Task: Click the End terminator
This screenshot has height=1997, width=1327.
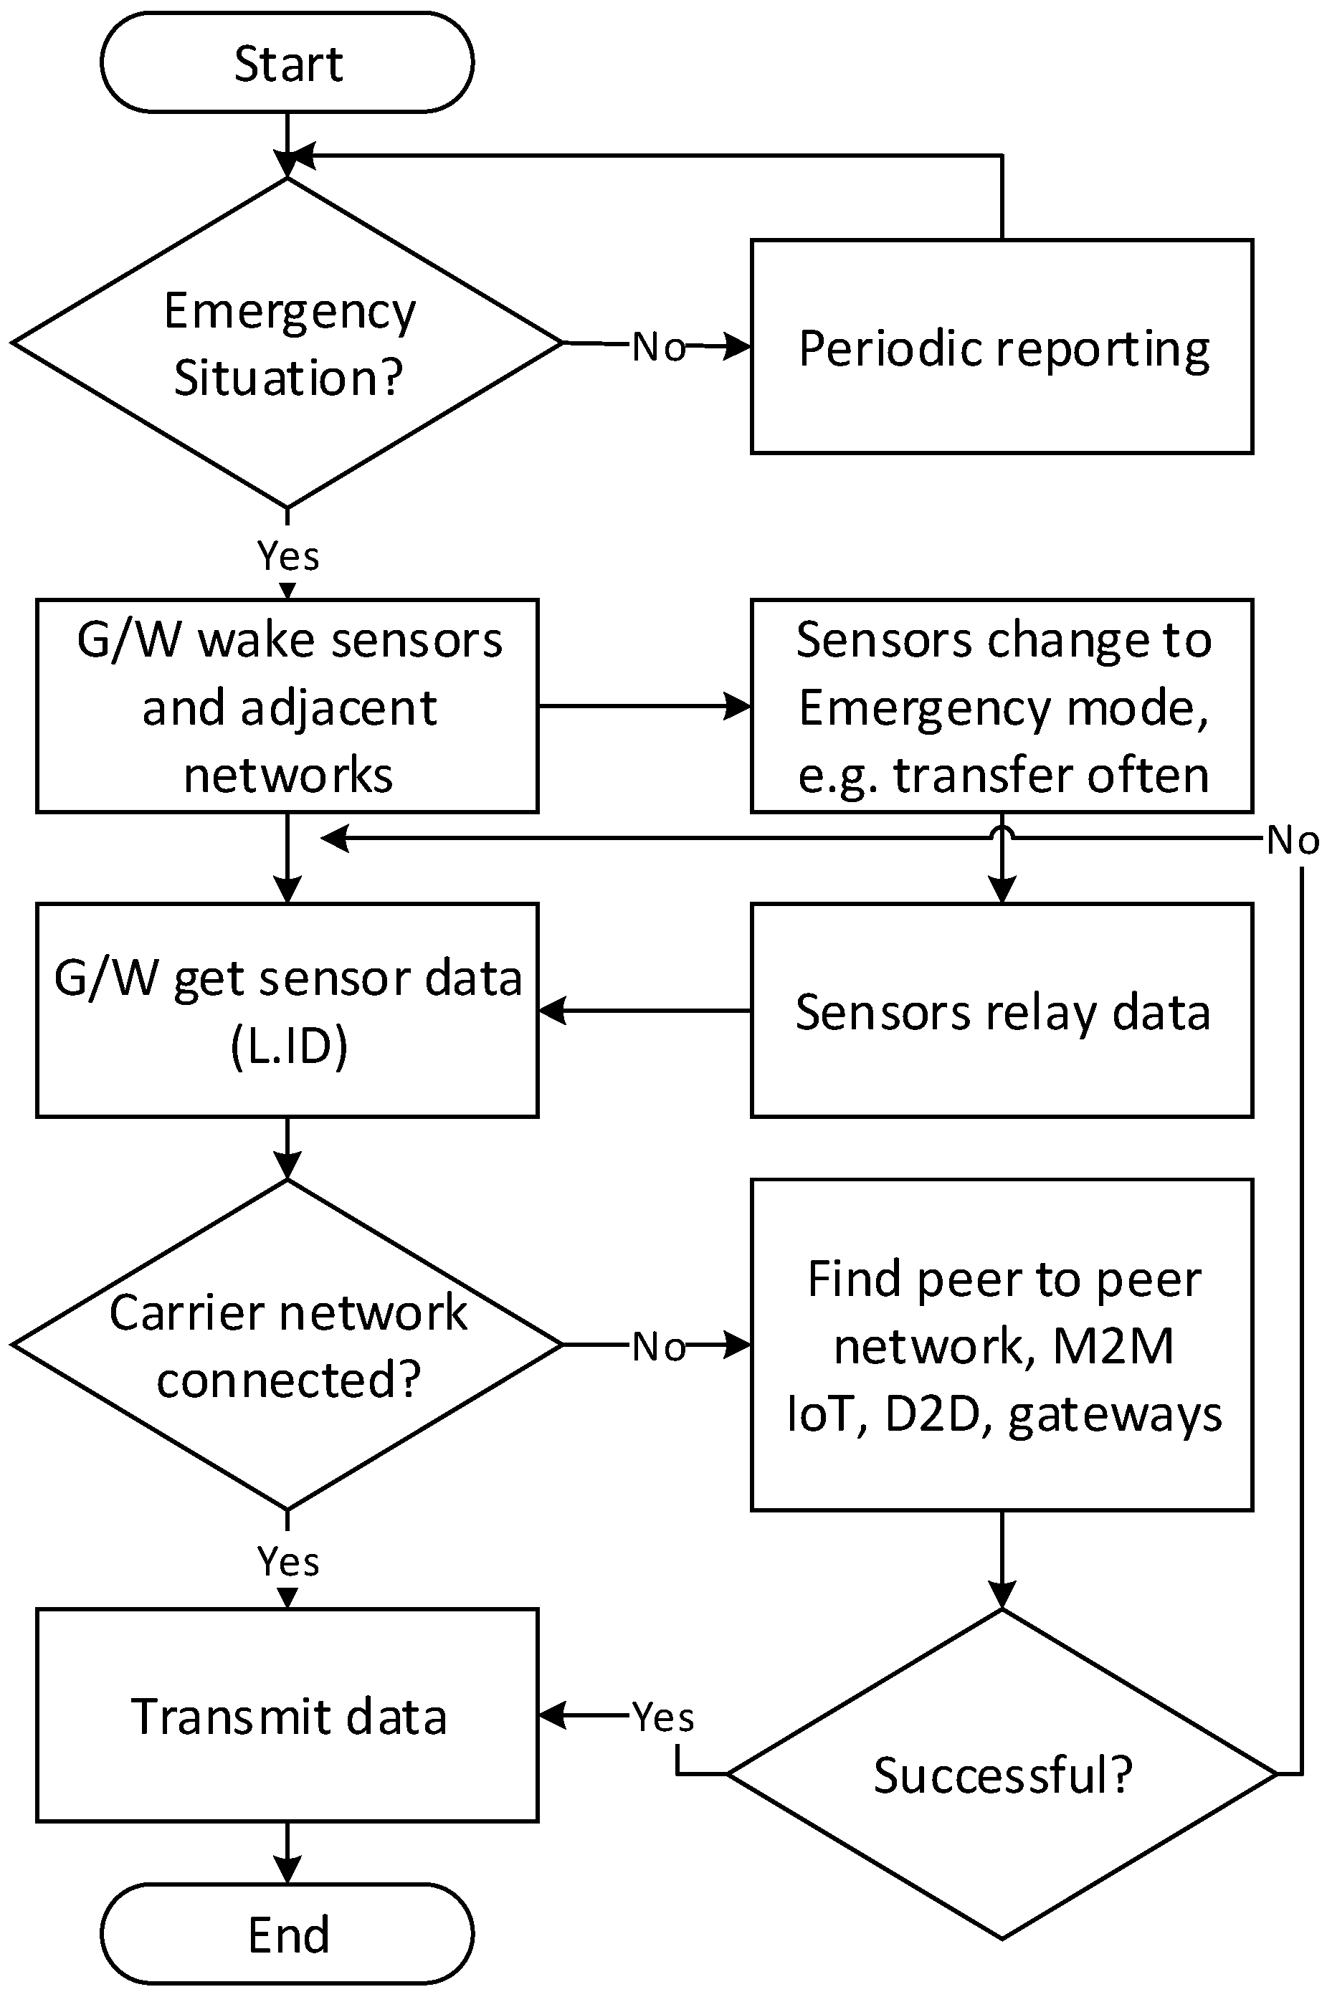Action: tap(287, 1935)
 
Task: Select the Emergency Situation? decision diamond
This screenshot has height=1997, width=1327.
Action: tap(287, 343)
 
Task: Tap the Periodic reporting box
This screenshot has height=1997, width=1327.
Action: tap(1002, 347)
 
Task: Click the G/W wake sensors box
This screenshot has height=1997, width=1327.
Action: tap(287, 706)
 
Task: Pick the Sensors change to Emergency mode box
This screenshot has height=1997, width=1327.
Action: tap(1002, 706)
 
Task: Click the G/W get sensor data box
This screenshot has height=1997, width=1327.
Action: tap(287, 1011)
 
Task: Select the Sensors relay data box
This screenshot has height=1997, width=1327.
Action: tap(1002, 1011)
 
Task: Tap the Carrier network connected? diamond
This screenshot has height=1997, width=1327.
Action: tap(287, 1345)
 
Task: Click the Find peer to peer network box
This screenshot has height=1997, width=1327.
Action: tap(1002, 1345)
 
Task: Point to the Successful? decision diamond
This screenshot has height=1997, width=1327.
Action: tap(1002, 1773)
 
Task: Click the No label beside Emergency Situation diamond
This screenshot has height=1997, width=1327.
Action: tap(658, 347)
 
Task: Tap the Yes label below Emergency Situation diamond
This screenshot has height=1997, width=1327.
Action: tap(287, 556)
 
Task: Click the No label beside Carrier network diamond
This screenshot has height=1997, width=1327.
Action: tap(658, 1346)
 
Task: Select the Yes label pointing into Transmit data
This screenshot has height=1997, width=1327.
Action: tap(662, 1717)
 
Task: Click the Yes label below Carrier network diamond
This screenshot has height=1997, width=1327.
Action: tap(287, 1561)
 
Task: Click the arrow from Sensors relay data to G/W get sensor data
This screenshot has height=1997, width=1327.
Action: tap(644, 1011)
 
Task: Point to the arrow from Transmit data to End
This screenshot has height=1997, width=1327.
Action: tap(287, 1852)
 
